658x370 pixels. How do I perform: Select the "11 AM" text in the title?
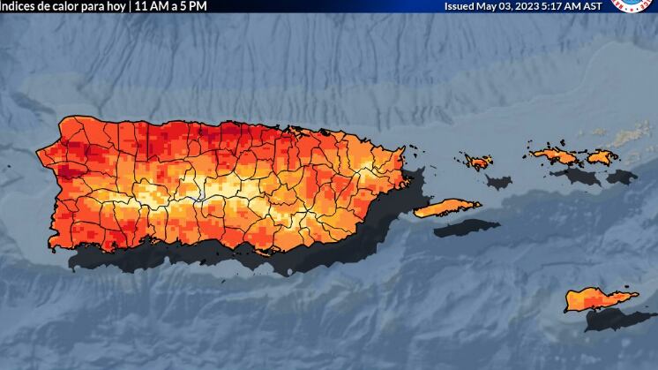150,5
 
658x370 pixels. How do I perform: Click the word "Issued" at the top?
459,5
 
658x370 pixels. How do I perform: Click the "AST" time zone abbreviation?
594,5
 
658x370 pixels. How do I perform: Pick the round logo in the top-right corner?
633,4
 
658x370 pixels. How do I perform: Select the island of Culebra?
479,162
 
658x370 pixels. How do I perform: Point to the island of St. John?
602,157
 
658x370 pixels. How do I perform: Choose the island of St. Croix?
599,299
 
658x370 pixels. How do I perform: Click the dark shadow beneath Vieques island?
466,227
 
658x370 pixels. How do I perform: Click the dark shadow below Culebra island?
498,182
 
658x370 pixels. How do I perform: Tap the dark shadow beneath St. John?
621,177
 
